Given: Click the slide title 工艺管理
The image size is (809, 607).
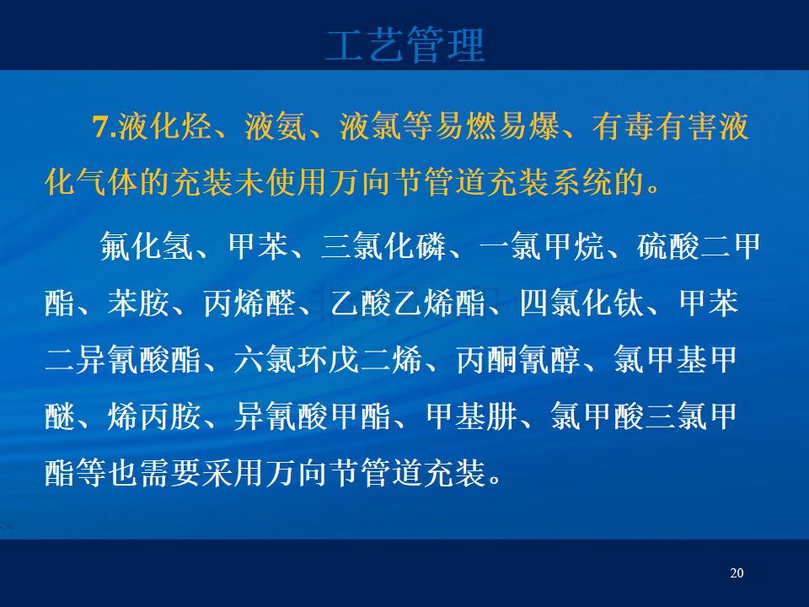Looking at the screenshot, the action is (405, 45).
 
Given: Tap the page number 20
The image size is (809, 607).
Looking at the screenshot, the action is (737, 573).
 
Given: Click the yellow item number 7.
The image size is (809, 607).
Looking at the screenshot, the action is (104, 126).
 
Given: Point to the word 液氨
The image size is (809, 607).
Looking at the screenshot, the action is (276, 126).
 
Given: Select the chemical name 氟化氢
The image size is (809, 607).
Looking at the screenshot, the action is (147, 246).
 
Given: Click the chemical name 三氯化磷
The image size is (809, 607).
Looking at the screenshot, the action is (383, 246).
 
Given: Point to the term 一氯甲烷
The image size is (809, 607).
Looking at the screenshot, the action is (542, 246).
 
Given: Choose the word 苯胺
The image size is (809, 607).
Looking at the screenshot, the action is (139, 303).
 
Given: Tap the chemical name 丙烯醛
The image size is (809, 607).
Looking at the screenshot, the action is (249, 303).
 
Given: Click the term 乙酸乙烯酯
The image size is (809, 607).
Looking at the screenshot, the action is (408, 303).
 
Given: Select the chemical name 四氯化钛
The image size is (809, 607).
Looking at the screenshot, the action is (581, 303).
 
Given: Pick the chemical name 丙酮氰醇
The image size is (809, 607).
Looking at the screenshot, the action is (518, 360).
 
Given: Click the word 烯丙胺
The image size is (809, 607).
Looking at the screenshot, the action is (154, 416).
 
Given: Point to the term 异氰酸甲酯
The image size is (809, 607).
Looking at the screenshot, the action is (312, 416).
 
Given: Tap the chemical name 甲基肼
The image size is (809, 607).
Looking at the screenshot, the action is (471, 416).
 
